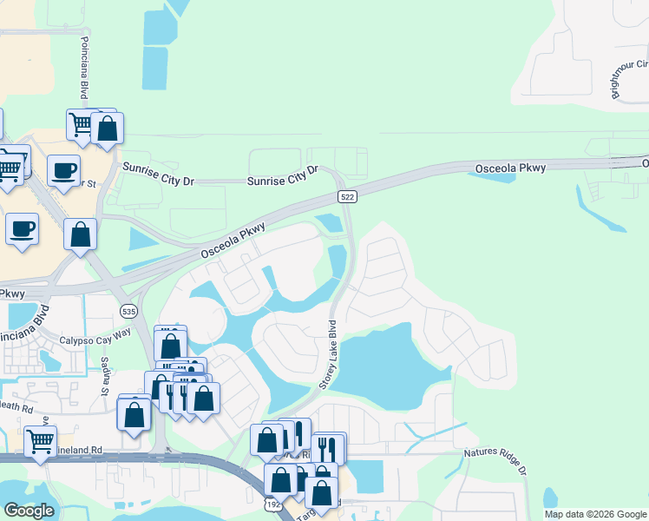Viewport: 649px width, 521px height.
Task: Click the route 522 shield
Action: coord(347,197)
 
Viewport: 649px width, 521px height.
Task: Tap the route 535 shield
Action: coord(128,310)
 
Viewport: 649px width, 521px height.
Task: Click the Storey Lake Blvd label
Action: coord(331,355)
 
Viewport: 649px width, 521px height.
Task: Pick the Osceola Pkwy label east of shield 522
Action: coord(511,168)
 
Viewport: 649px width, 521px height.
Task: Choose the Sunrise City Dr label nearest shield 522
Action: coord(284,176)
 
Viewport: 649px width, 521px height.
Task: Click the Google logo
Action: coord(28,511)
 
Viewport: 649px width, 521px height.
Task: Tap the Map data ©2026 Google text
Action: coord(596,514)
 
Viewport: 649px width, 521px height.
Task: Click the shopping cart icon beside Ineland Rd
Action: coord(40,442)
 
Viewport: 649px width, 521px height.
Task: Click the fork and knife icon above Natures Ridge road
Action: coord(327,449)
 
